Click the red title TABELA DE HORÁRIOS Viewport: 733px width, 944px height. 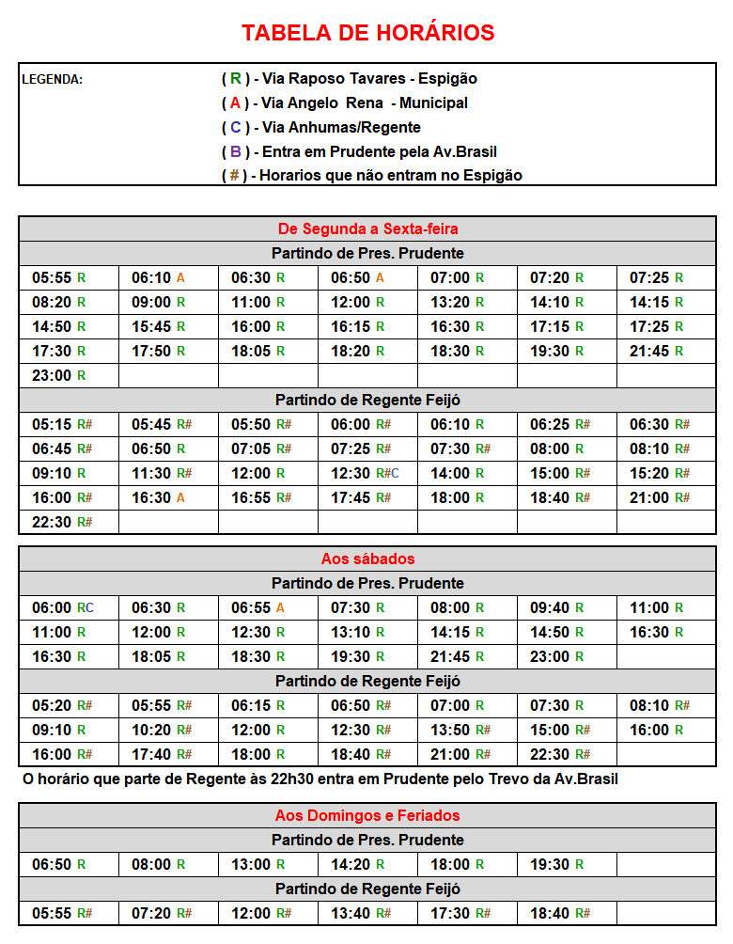pyautogui.click(x=367, y=33)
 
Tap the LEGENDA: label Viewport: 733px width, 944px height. pyautogui.click(x=52, y=79)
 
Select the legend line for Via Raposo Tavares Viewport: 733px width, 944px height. pyautogui.click(x=350, y=79)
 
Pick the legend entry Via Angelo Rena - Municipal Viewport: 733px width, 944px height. pyautogui.click(x=344, y=103)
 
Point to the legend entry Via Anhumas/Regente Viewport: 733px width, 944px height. pyautogui.click(x=320, y=128)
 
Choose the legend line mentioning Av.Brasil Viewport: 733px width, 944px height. pyautogui.click(x=359, y=152)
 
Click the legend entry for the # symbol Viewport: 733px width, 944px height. pyautogui.click(x=371, y=176)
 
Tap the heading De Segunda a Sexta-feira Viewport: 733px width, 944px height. pyautogui.click(x=367, y=229)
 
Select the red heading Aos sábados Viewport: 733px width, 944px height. pyautogui.click(x=367, y=559)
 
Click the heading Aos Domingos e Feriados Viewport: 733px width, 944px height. pyautogui.click(x=367, y=816)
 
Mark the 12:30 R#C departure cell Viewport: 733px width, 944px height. pyautogui.click(x=365, y=474)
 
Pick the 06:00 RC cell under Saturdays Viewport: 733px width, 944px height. pyautogui.click(x=63, y=608)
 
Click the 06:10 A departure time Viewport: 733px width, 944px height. pyautogui.click(x=158, y=278)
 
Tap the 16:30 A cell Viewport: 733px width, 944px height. pyautogui.click(x=158, y=498)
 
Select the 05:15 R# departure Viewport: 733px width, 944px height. pyautogui.click(x=62, y=425)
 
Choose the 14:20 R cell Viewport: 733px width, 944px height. pyautogui.click(x=357, y=865)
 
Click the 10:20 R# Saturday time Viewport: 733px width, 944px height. pyautogui.click(x=162, y=731)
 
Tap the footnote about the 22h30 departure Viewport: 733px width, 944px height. pyautogui.click(x=320, y=779)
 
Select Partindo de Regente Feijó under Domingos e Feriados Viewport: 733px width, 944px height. pyautogui.click(x=367, y=889)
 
